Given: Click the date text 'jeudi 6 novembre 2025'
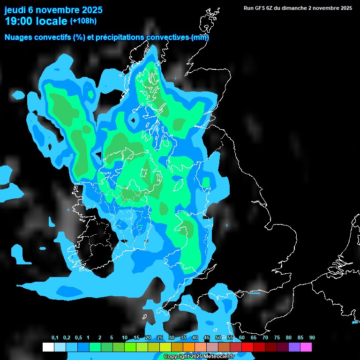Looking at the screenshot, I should [53, 10].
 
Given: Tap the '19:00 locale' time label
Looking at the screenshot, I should [36, 21].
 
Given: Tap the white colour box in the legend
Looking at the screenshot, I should [48, 347].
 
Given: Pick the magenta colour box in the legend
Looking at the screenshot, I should [306, 347].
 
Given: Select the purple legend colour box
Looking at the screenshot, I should [294, 347].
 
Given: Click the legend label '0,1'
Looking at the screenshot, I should [55, 338].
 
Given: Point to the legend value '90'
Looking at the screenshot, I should [312, 338].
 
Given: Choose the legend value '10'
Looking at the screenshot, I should [125, 338].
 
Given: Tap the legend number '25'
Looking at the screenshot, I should [160, 338].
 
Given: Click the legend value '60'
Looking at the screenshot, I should [242, 338].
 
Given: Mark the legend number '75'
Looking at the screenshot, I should [277, 338].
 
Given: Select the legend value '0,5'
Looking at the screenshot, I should [78, 338].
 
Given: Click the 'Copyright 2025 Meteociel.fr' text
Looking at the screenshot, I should [199, 357].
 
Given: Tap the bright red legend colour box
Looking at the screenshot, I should [247, 347].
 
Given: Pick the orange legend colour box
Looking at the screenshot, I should [188, 347].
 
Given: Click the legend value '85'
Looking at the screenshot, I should [300, 338].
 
